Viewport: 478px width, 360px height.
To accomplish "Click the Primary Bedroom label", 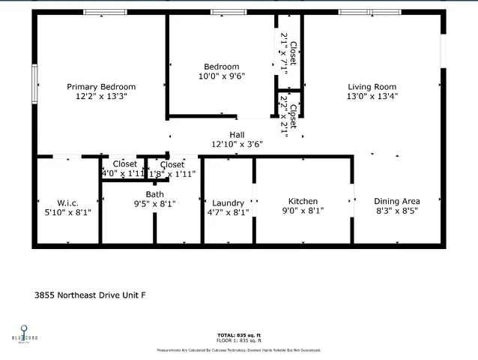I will tap(101, 87).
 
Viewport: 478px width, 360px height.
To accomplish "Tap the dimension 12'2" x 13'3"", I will tap(101, 97).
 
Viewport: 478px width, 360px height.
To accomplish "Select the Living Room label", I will tap(372, 87).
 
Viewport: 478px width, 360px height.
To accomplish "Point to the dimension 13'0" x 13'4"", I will tap(372, 96).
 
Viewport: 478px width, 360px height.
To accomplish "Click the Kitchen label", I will tap(303, 201).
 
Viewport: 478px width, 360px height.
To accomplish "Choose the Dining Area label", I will tap(397, 201).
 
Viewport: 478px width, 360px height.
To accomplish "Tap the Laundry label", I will tap(228, 203).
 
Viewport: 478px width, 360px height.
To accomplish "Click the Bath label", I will tap(154, 194).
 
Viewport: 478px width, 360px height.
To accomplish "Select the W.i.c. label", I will tap(67, 203).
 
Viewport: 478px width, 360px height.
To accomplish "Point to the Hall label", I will tap(237, 135).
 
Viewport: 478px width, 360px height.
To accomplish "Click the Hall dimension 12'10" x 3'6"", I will tap(237, 144).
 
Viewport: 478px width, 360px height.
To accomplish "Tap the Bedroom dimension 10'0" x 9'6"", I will tap(221, 76).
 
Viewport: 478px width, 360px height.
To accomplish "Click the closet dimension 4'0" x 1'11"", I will tap(122, 173).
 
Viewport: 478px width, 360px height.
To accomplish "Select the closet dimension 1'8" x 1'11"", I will tap(172, 174).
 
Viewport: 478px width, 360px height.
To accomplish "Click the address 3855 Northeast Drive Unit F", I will tap(90, 295).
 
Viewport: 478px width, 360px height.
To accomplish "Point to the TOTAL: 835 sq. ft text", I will tap(239, 334).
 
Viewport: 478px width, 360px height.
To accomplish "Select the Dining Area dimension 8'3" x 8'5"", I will tap(397, 211).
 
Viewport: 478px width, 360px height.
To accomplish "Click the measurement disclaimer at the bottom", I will tap(239, 349).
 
